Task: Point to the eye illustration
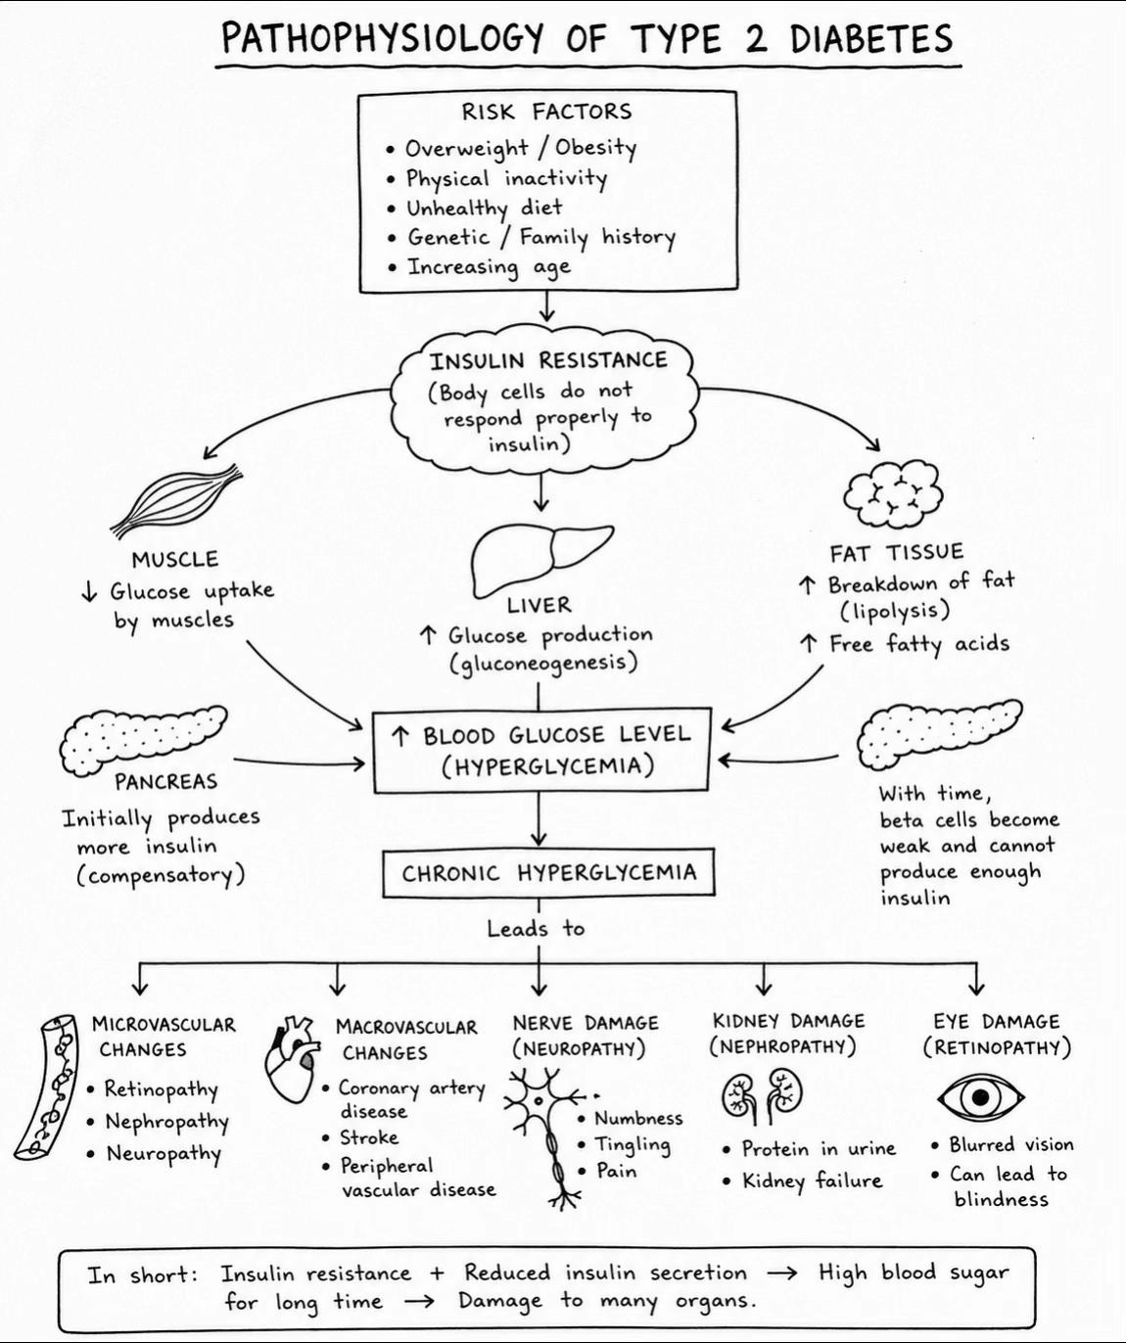[980, 1097]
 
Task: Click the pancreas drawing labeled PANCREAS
[143, 740]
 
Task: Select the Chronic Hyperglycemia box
[548, 873]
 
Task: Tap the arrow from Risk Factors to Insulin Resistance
[547, 306]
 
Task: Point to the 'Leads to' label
[536, 929]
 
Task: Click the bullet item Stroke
[369, 1137]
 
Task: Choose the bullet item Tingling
[632, 1145]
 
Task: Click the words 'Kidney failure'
[812, 1181]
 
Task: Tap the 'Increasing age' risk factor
[489, 267]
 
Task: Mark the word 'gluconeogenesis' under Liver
[543, 663]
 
